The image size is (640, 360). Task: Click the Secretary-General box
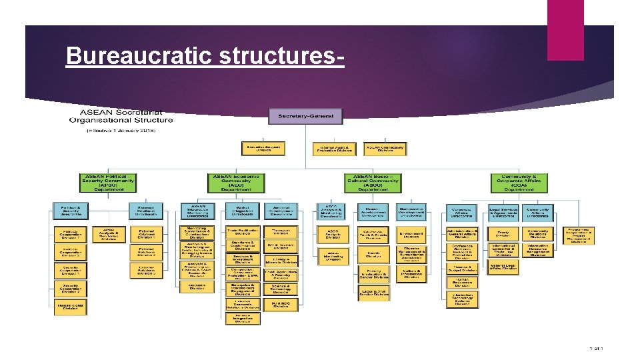(305, 117)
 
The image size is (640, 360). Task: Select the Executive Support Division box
(264, 149)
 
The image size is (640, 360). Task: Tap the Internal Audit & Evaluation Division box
(334, 149)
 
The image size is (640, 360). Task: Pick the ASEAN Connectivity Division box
(385, 149)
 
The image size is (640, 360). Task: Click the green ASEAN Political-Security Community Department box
(108, 183)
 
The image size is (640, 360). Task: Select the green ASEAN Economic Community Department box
(237, 183)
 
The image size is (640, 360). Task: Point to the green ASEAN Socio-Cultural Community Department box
(374, 183)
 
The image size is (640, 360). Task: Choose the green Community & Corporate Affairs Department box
(519, 183)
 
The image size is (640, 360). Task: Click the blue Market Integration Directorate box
(239, 211)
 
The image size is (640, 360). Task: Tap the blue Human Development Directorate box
(372, 211)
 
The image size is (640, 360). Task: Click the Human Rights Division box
(70, 307)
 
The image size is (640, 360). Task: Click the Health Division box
(372, 254)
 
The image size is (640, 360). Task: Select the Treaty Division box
(503, 234)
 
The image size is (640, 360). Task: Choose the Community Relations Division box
(537, 234)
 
